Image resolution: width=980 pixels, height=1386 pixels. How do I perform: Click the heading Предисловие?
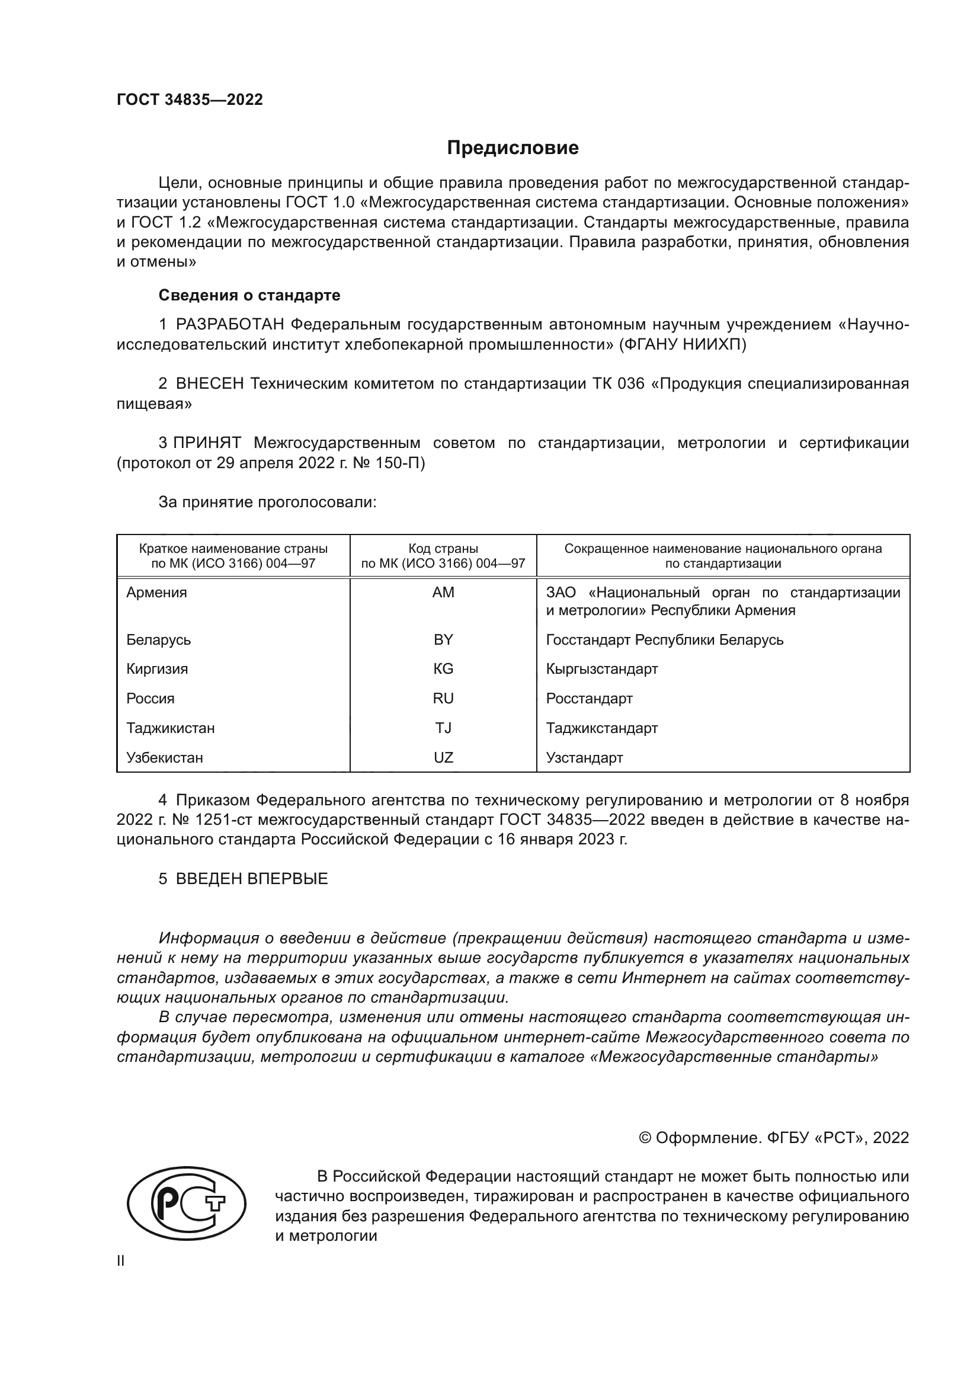click(x=513, y=148)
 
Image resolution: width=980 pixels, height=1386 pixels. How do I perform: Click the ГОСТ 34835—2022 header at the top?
click(x=190, y=100)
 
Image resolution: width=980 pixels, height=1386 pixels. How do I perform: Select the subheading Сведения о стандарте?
click(x=249, y=295)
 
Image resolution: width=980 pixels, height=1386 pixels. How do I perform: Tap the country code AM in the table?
click(x=443, y=592)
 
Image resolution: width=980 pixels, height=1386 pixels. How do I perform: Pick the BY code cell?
click(x=443, y=639)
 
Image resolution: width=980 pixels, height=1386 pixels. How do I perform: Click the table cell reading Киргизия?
click(x=157, y=669)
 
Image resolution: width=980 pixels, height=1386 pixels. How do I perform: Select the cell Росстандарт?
click(x=589, y=699)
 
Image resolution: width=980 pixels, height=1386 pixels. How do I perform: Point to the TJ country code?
click(x=443, y=728)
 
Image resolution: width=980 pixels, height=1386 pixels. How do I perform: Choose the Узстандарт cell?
click(x=584, y=758)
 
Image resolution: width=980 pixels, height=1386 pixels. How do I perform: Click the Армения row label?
click(x=156, y=592)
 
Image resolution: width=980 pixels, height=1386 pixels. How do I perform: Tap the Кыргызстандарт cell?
click(x=601, y=669)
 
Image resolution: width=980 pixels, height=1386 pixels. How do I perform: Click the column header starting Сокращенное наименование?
click(x=723, y=556)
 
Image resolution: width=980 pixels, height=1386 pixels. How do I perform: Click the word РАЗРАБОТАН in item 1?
click(x=230, y=325)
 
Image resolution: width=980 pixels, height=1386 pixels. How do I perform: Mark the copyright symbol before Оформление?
click(x=645, y=1138)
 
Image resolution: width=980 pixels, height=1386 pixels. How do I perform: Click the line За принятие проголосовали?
click(x=267, y=502)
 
